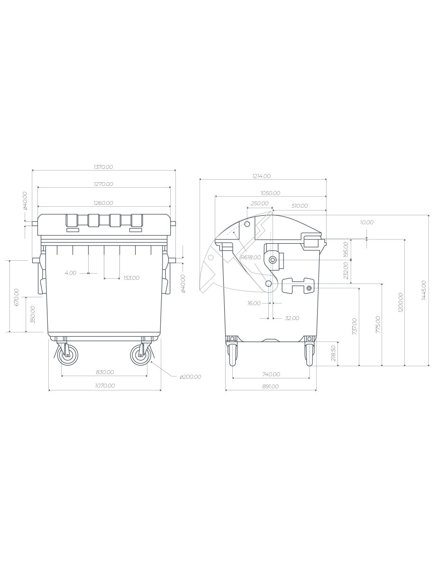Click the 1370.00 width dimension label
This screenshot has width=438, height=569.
(x=103, y=167)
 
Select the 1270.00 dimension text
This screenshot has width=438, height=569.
(x=103, y=184)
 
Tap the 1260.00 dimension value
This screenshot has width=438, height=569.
(x=103, y=203)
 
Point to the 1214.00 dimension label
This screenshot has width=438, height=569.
(x=261, y=176)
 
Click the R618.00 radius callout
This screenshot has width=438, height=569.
(x=251, y=257)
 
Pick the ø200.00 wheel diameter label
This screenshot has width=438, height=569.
(x=191, y=376)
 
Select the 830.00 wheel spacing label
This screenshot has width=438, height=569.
(x=105, y=372)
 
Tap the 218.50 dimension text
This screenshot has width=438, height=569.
(x=333, y=353)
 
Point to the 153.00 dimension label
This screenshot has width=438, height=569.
(x=132, y=278)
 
